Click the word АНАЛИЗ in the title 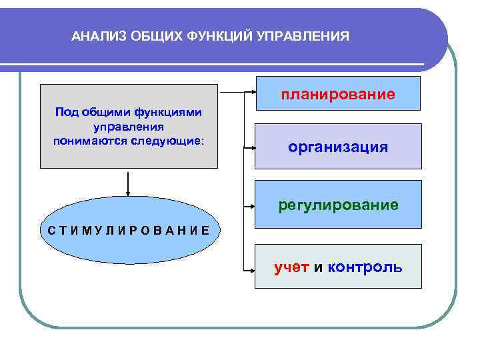(x=96, y=35)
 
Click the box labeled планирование (x=339, y=93)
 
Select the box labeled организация (x=339, y=146)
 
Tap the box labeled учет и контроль (x=339, y=267)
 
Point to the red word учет (x=291, y=267)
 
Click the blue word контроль (x=365, y=267)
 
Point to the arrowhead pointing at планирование (x=252, y=91)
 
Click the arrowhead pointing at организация (x=252, y=148)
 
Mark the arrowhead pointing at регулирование (x=252, y=207)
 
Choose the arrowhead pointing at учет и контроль (x=252, y=270)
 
